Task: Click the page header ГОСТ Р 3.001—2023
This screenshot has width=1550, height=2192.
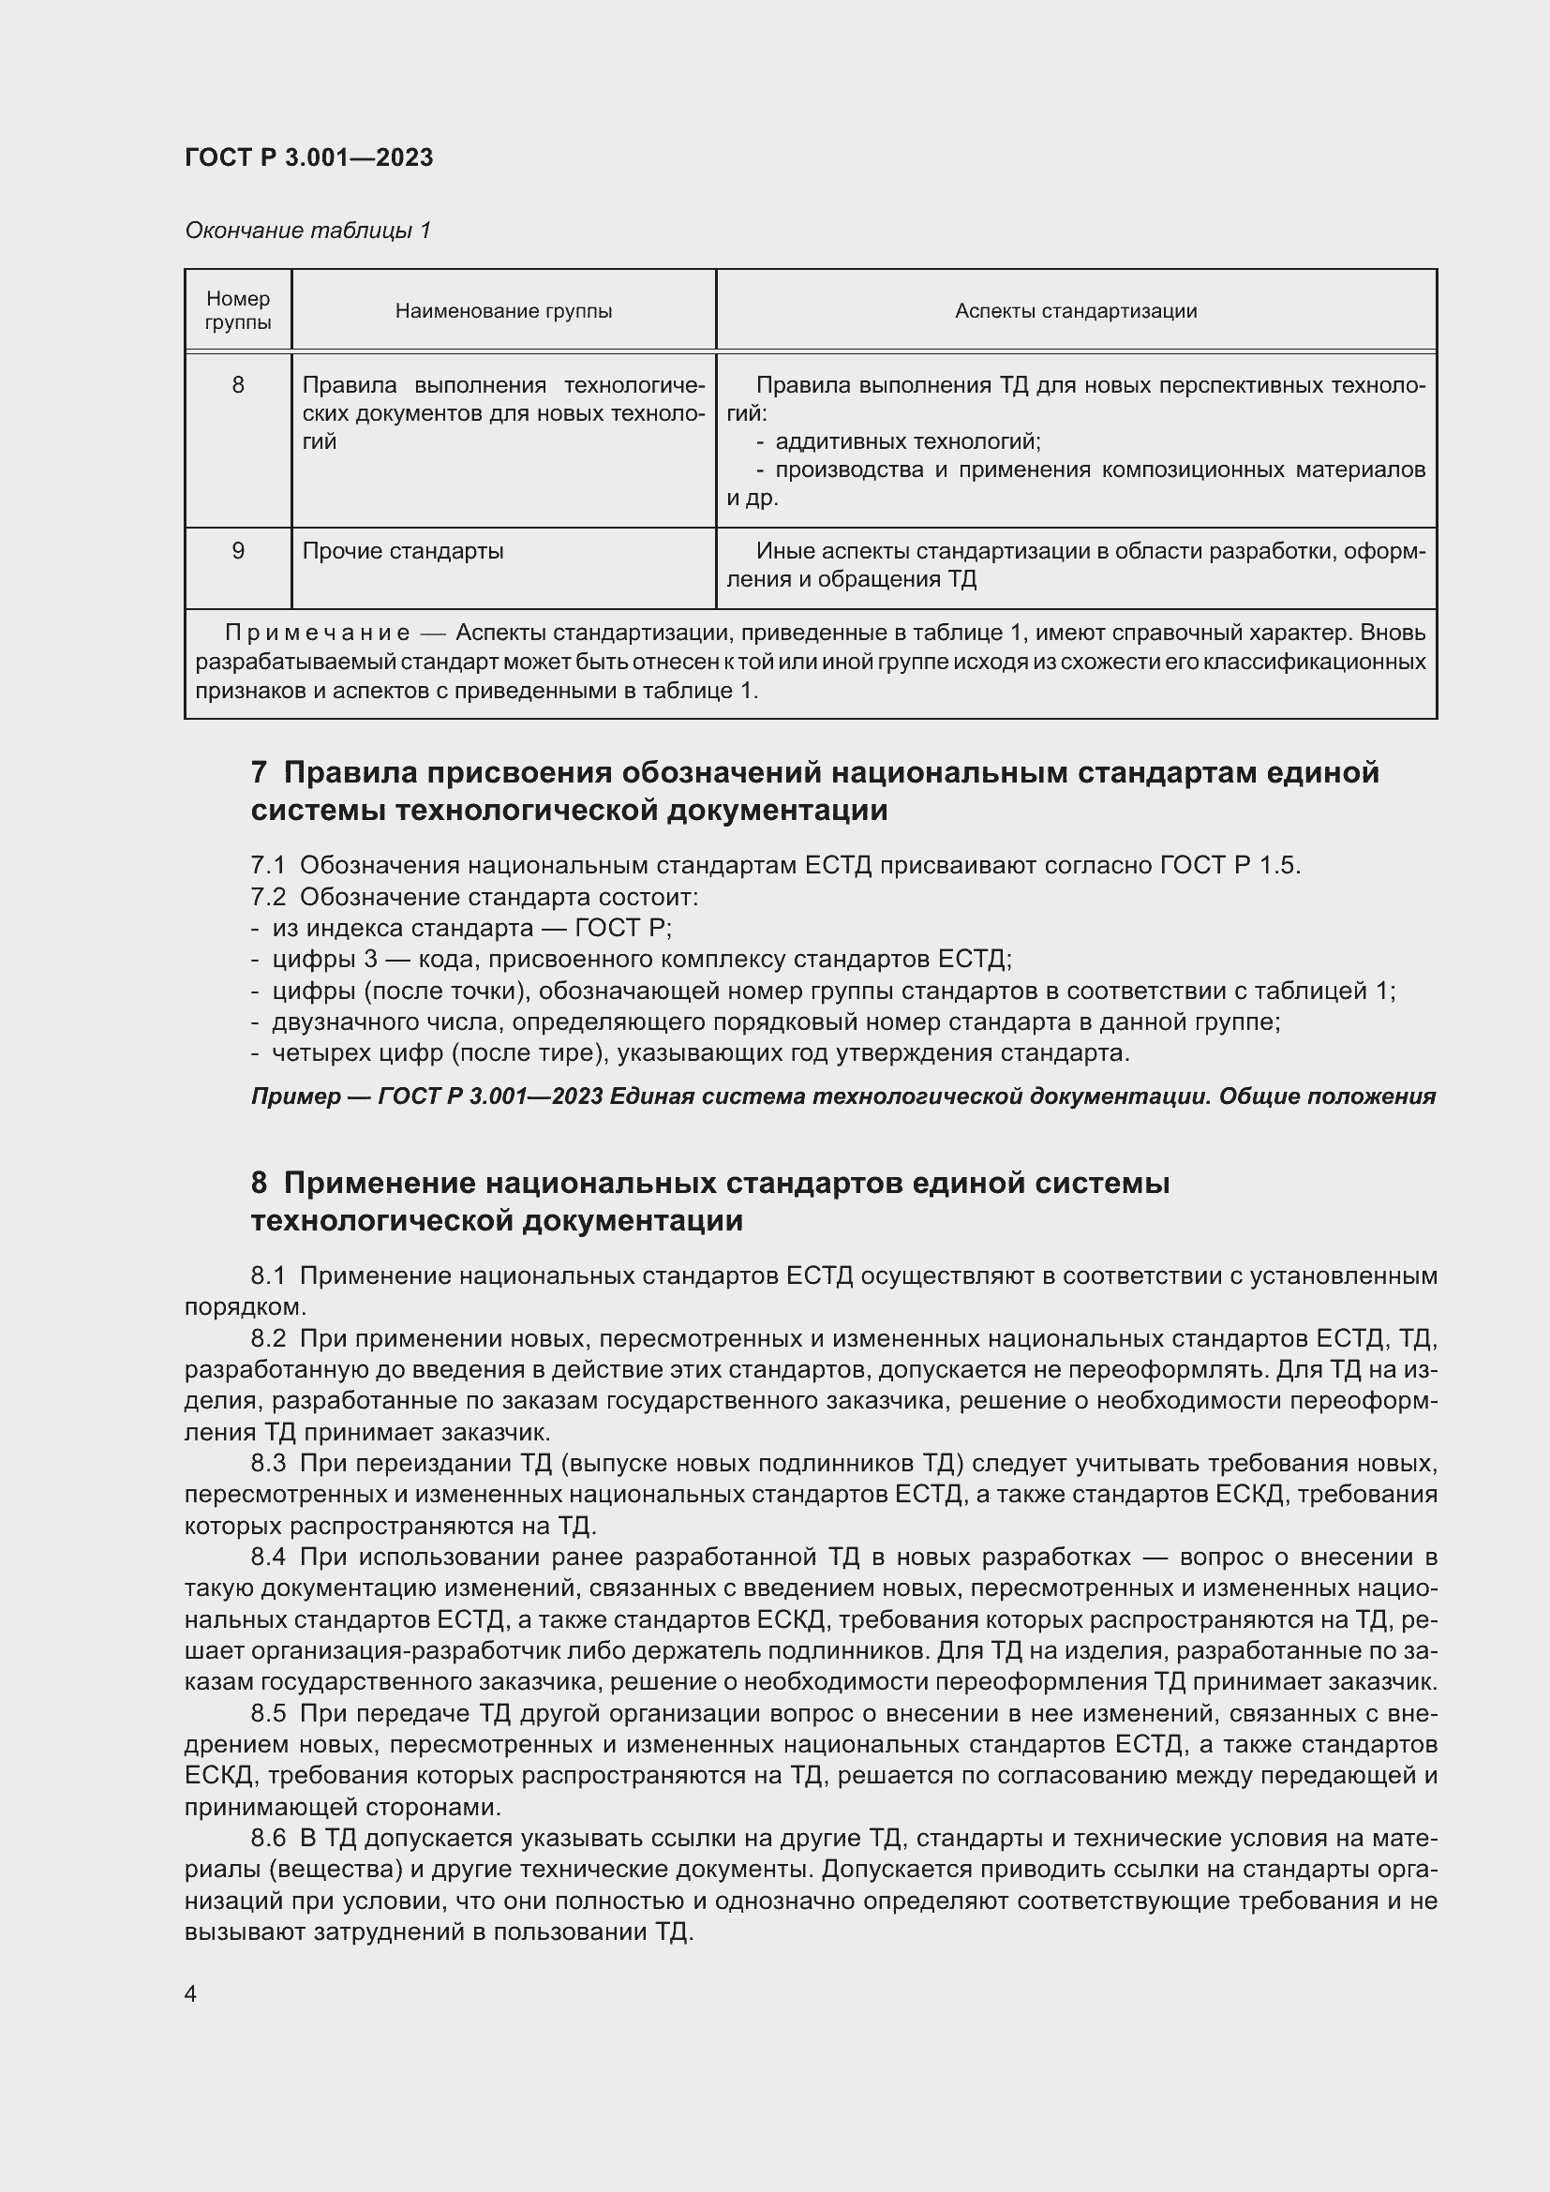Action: [x=308, y=157]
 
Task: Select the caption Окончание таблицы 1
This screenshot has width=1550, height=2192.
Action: [x=307, y=231]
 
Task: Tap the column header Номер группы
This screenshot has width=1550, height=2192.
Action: [x=238, y=310]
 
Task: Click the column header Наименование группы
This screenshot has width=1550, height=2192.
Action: [x=503, y=311]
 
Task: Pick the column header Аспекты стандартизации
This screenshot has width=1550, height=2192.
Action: [x=1076, y=311]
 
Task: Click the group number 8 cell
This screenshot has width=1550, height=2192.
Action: [x=238, y=385]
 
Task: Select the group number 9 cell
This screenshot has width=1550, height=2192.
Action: [x=238, y=551]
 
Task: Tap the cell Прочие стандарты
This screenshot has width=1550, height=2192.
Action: [x=403, y=551]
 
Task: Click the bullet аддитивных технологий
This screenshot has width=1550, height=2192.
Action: [x=907, y=441]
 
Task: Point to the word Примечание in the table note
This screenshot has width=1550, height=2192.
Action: [x=317, y=633]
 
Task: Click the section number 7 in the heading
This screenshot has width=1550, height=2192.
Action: [x=259, y=771]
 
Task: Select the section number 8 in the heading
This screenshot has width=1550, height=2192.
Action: [x=259, y=1183]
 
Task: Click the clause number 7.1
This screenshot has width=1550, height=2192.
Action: [x=268, y=865]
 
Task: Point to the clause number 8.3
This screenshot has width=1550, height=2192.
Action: [x=268, y=1463]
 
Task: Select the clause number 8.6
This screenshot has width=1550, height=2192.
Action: [x=268, y=1838]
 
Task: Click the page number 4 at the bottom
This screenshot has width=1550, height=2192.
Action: [x=191, y=1993]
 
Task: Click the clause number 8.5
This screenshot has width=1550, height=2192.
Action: [x=268, y=1714]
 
